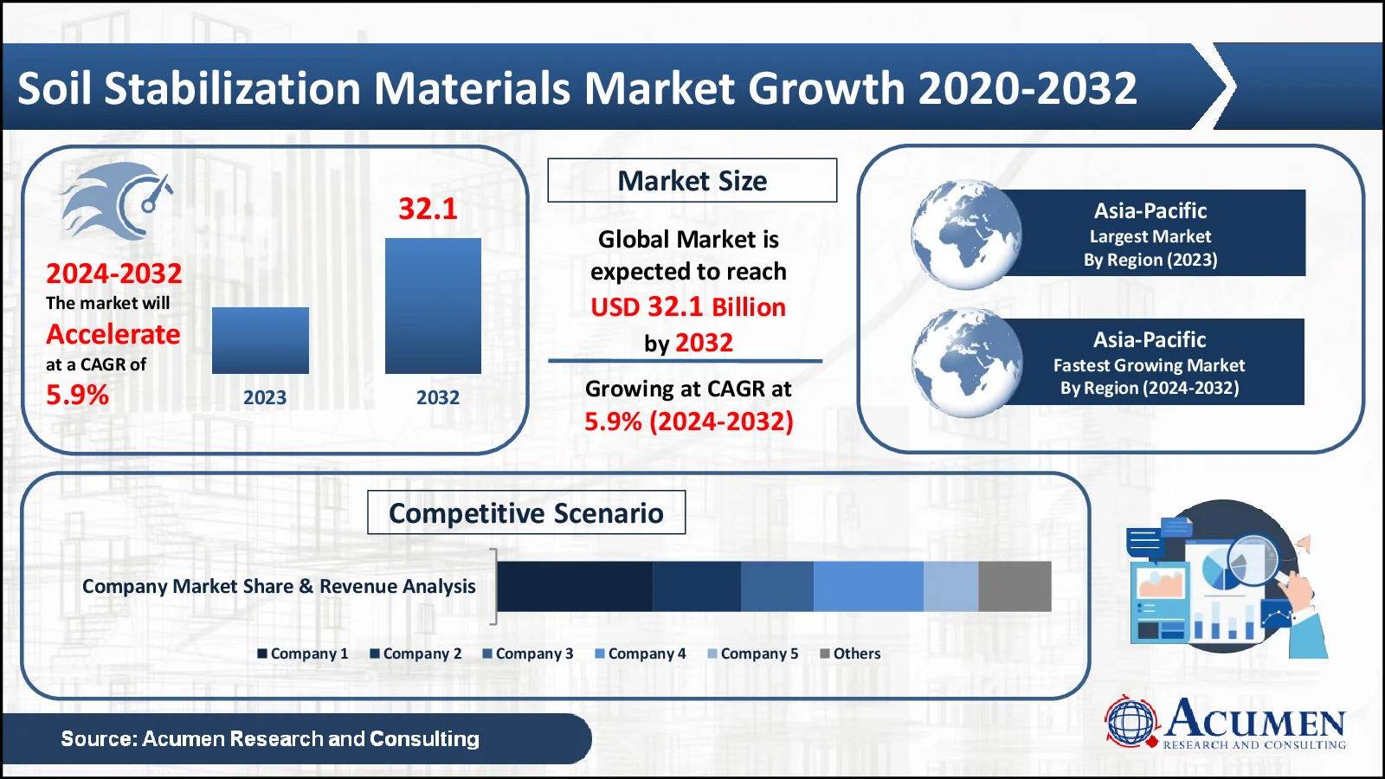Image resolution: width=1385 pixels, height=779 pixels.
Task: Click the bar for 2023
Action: point(260,340)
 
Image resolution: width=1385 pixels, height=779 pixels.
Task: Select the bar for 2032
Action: point(433,306)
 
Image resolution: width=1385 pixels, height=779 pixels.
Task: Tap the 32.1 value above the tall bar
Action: point(428,209)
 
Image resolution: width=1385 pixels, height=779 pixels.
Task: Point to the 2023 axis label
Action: point(264,397)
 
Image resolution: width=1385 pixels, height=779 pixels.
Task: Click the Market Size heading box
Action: point(692,180)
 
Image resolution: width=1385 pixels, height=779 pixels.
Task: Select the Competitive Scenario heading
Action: point(525,512)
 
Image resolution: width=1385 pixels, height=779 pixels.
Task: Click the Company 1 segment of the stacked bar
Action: point(574,586)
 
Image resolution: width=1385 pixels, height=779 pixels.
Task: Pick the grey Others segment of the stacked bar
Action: point(1015,586)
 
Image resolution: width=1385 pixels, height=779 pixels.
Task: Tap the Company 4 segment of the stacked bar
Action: point(868,586)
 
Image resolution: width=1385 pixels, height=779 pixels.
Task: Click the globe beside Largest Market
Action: point(966,235)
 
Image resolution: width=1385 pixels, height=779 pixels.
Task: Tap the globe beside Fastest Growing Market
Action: point(967,363)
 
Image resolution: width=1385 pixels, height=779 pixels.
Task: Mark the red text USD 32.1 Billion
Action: point(688,306)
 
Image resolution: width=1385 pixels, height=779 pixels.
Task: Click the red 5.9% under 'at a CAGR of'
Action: point(77,395)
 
